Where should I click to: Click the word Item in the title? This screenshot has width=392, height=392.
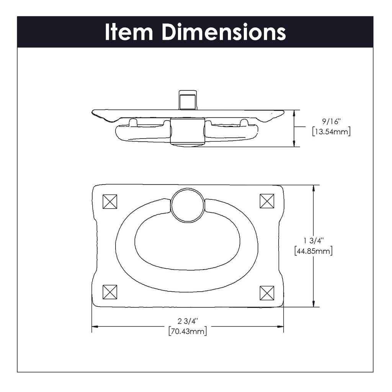pyautogui.click(x=129, y=32)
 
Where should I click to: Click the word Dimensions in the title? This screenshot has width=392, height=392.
pyautogui.click(x=224, y=32)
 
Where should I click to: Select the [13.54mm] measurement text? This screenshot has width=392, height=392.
pyautogui.click(x=332, y=132)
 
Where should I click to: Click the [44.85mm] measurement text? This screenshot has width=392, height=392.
pyautogui.click(x=314, y=251)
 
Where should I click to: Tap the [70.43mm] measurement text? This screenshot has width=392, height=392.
pyautogui.click(x=188, y=331)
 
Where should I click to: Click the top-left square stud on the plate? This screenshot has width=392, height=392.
pyautogui.click(x=110, y=201)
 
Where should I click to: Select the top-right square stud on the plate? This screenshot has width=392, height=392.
pyautogui.click(x=267, y=201)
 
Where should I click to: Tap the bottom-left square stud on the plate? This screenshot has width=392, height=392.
pyautogui.click(x=110, y=292)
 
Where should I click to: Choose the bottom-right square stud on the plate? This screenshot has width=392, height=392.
pyautogui.click(x=267, y=293)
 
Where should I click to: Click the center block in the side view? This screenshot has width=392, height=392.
pyautogui.click(x=187, y=131)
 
